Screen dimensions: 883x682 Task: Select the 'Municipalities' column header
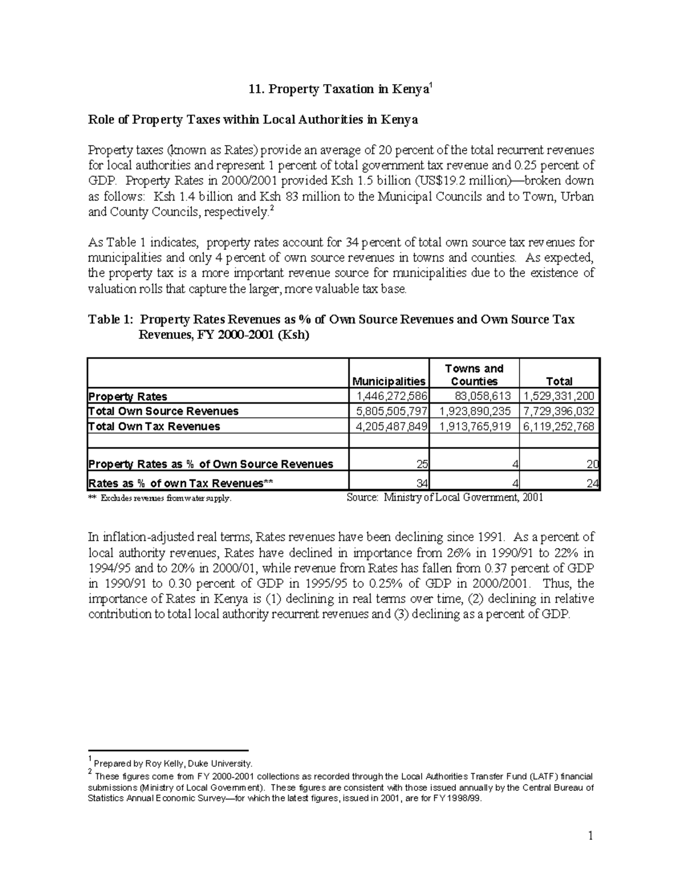coord(389,381)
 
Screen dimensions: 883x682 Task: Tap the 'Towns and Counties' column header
coord(474,375)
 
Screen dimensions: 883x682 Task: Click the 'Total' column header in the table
coord(559,381)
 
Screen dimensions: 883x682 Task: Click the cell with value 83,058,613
coord(483,396)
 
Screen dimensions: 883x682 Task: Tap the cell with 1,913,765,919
coord(475,426)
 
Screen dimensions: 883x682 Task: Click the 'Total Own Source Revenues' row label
coord(163,411)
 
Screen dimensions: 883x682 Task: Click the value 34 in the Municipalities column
coord(422,484)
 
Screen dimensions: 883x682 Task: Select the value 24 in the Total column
coord(592,484)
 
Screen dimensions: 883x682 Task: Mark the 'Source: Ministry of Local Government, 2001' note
coord(444,498)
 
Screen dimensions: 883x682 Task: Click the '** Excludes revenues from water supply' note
coord(160,499)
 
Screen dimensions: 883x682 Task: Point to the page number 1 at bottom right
coord(590,835)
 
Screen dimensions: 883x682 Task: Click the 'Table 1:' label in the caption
coord(110,320)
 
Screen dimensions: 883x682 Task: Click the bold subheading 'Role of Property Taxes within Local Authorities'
coord(253,119)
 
